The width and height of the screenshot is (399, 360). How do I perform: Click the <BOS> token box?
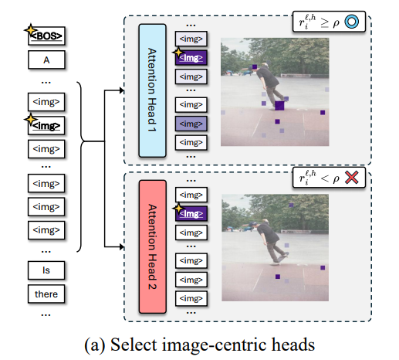(46, 36)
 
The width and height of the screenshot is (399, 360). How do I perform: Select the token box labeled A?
(46, 59)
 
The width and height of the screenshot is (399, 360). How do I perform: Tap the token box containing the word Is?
(46, 270)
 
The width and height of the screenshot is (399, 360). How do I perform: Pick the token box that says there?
(46, 294)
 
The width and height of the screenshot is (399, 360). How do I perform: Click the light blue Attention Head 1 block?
(152, 90)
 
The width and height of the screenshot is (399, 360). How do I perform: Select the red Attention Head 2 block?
(153, 246)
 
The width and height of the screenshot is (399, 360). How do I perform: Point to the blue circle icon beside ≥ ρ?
(351, 22)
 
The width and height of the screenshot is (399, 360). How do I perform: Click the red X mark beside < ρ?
(351, 178)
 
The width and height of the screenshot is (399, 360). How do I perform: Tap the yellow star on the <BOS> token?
(30, 30)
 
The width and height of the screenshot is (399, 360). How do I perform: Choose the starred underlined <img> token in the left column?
(46, 125)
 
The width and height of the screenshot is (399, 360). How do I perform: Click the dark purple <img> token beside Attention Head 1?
(191, 58)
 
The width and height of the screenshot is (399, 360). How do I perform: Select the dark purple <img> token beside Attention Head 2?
(191, 213)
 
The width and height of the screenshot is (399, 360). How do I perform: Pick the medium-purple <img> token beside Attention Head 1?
(191, 124)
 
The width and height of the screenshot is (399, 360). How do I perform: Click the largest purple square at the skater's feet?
(279, 106)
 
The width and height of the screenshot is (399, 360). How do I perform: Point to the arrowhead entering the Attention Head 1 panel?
(122, 90)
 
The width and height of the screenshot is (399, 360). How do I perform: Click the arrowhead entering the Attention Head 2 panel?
(122, 247)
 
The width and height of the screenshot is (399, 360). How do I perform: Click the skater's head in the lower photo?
(264, 222)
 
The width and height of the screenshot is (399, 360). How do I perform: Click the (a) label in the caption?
(95, 345)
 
